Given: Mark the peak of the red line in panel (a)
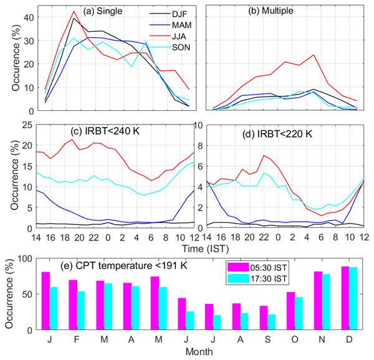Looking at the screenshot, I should coord(74,11).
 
